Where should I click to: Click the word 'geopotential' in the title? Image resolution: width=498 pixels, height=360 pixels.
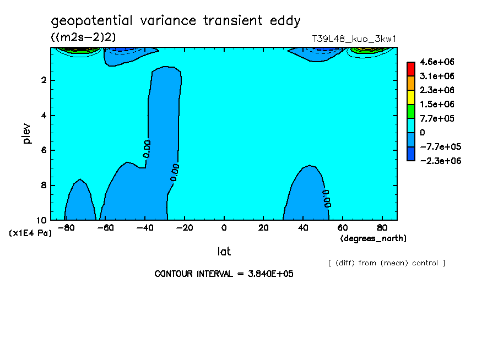click(x=91, y=21)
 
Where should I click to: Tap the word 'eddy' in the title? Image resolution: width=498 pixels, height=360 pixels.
click(x=285, y=21)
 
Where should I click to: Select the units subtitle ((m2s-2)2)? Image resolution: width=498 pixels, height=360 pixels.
click(x=83, y=37)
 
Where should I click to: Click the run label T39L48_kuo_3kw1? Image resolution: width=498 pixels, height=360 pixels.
click(x=354, y=39)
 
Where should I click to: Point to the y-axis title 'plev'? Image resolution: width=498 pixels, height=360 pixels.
click(x=26, y=133)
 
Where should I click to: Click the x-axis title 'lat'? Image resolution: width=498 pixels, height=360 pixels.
click(x=224, y=252)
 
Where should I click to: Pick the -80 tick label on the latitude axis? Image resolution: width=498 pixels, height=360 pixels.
click(x=66, y=228)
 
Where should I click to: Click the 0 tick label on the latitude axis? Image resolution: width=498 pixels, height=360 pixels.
click(x=224, y=228)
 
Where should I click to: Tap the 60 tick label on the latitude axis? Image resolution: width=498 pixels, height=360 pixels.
click(x=343, y=228)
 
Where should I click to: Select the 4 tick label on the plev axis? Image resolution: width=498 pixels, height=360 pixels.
click(x=44, y=115)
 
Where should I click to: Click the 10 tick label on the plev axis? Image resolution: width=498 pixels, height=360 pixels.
click(x=42, y=220)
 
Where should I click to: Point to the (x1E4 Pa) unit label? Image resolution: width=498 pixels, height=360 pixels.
click(x=30, y=233)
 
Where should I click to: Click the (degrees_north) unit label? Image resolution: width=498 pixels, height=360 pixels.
click(x=373, y=238)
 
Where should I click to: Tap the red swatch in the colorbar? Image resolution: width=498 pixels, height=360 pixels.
click(x=411, y=69)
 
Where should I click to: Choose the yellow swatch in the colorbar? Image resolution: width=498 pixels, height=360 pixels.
click(x=411, y=97)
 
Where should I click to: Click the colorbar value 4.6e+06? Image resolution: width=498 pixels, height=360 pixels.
click(x=437, y=62)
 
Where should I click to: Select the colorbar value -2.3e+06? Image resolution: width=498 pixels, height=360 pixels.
click(x=440, y=161)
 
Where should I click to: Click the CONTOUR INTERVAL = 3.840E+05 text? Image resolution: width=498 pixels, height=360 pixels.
click(x=224, y=274)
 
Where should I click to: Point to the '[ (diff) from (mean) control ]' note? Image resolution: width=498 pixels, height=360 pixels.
click(x=387, y=263)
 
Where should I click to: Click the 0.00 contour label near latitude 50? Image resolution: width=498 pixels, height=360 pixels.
click(x=327, y=199)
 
